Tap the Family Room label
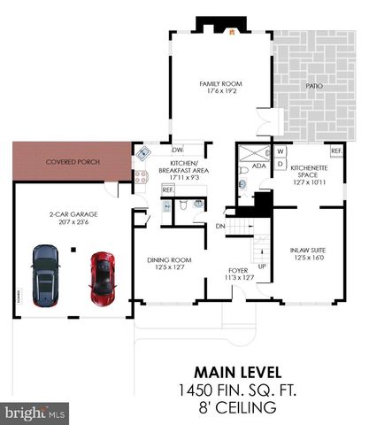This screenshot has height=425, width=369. point(220,88)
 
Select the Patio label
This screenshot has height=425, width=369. point(313,86)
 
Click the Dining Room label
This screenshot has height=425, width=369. point(168,262)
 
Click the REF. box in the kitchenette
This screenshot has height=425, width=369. point(336,150)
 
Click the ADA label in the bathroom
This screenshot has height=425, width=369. point(258,166)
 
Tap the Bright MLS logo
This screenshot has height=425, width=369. point(35,413)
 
